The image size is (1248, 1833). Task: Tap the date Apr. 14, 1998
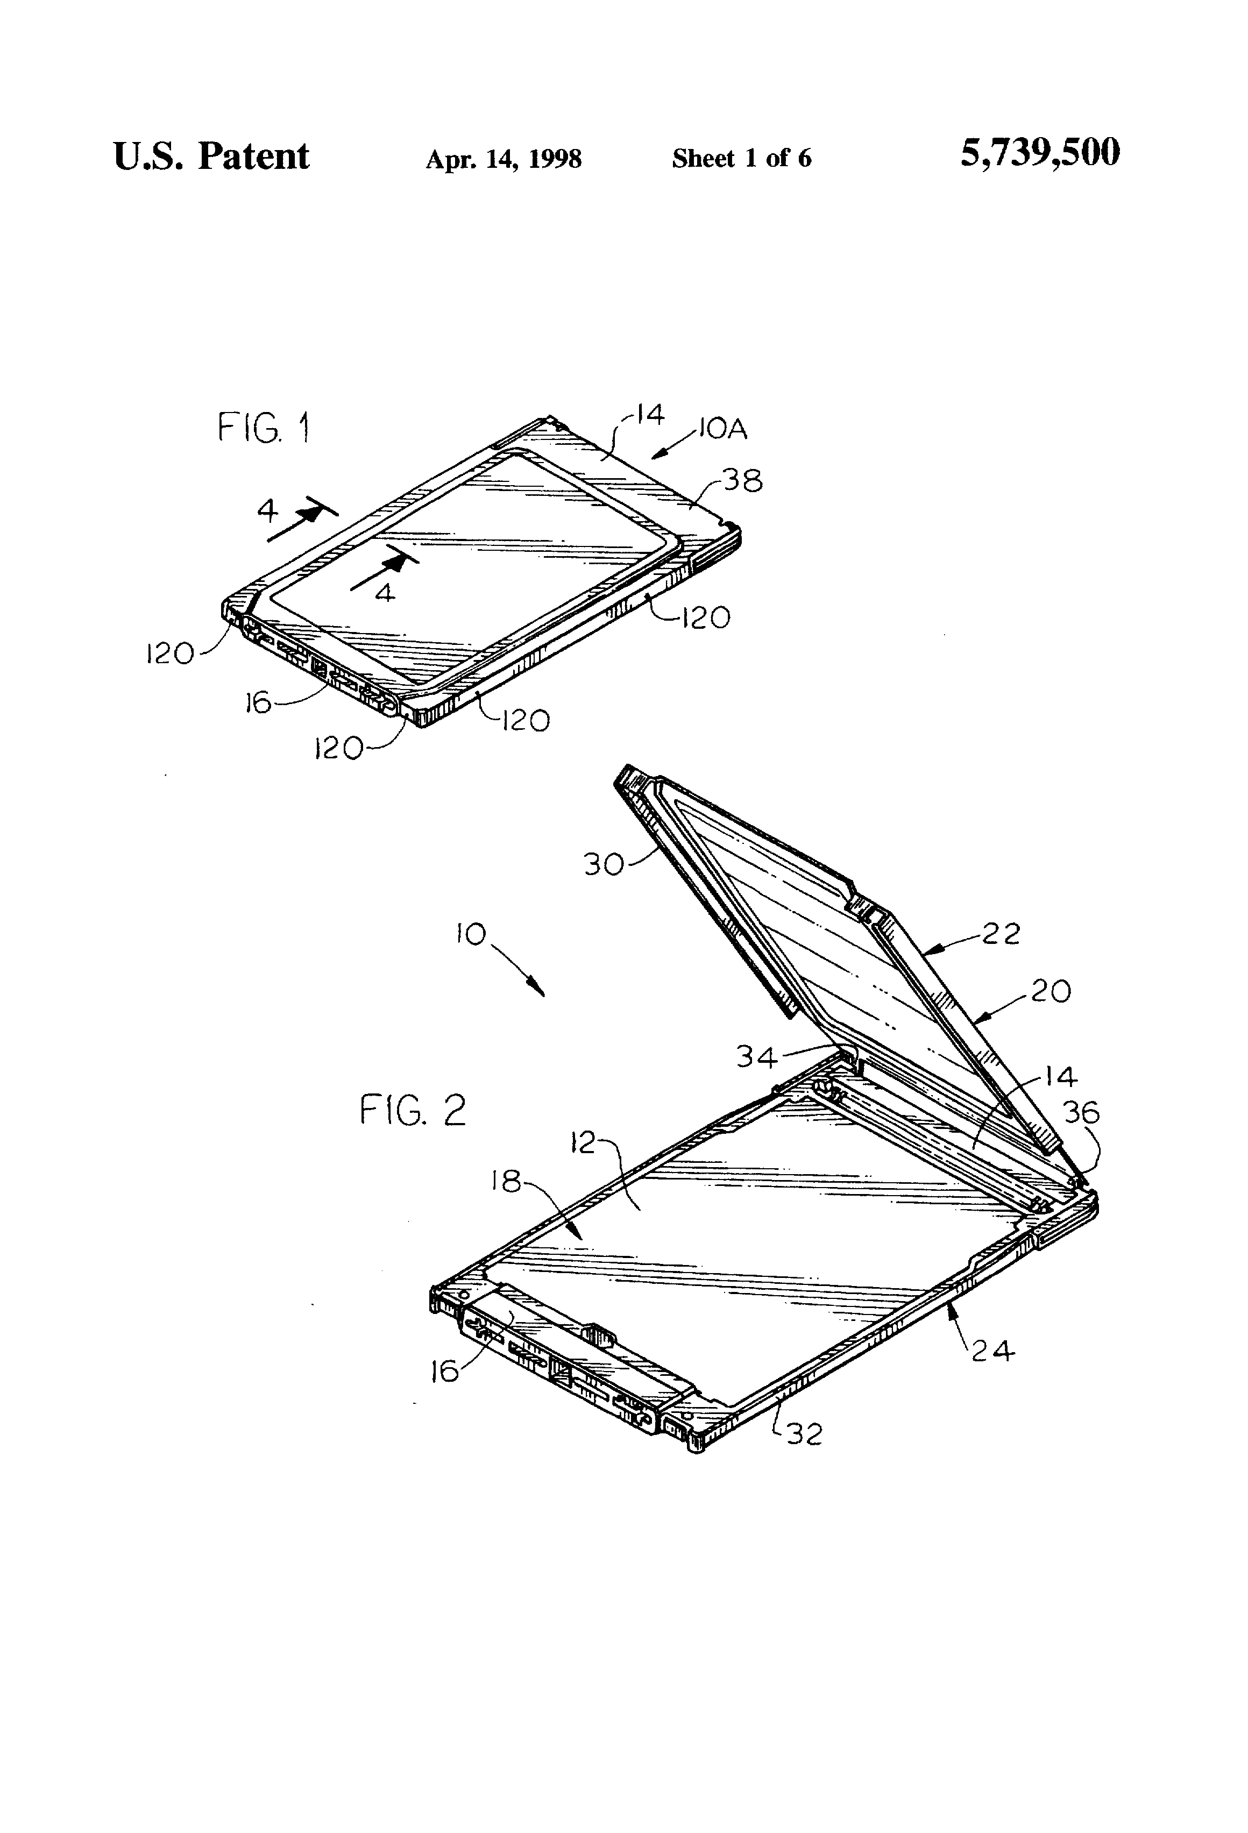click(x=504, y=159)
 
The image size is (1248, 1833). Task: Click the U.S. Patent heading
click(x=211, y=155)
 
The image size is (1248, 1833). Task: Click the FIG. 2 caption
click(x=413, y=1111)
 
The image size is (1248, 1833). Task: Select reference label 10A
click(x=722, y=429)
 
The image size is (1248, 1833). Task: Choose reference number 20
click(x=1052, y=991)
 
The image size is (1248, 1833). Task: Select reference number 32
click(x=805, y=1434)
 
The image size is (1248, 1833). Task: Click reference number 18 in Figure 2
click(x=506, y=1181)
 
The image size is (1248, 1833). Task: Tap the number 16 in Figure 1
click(x=257, y=702)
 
